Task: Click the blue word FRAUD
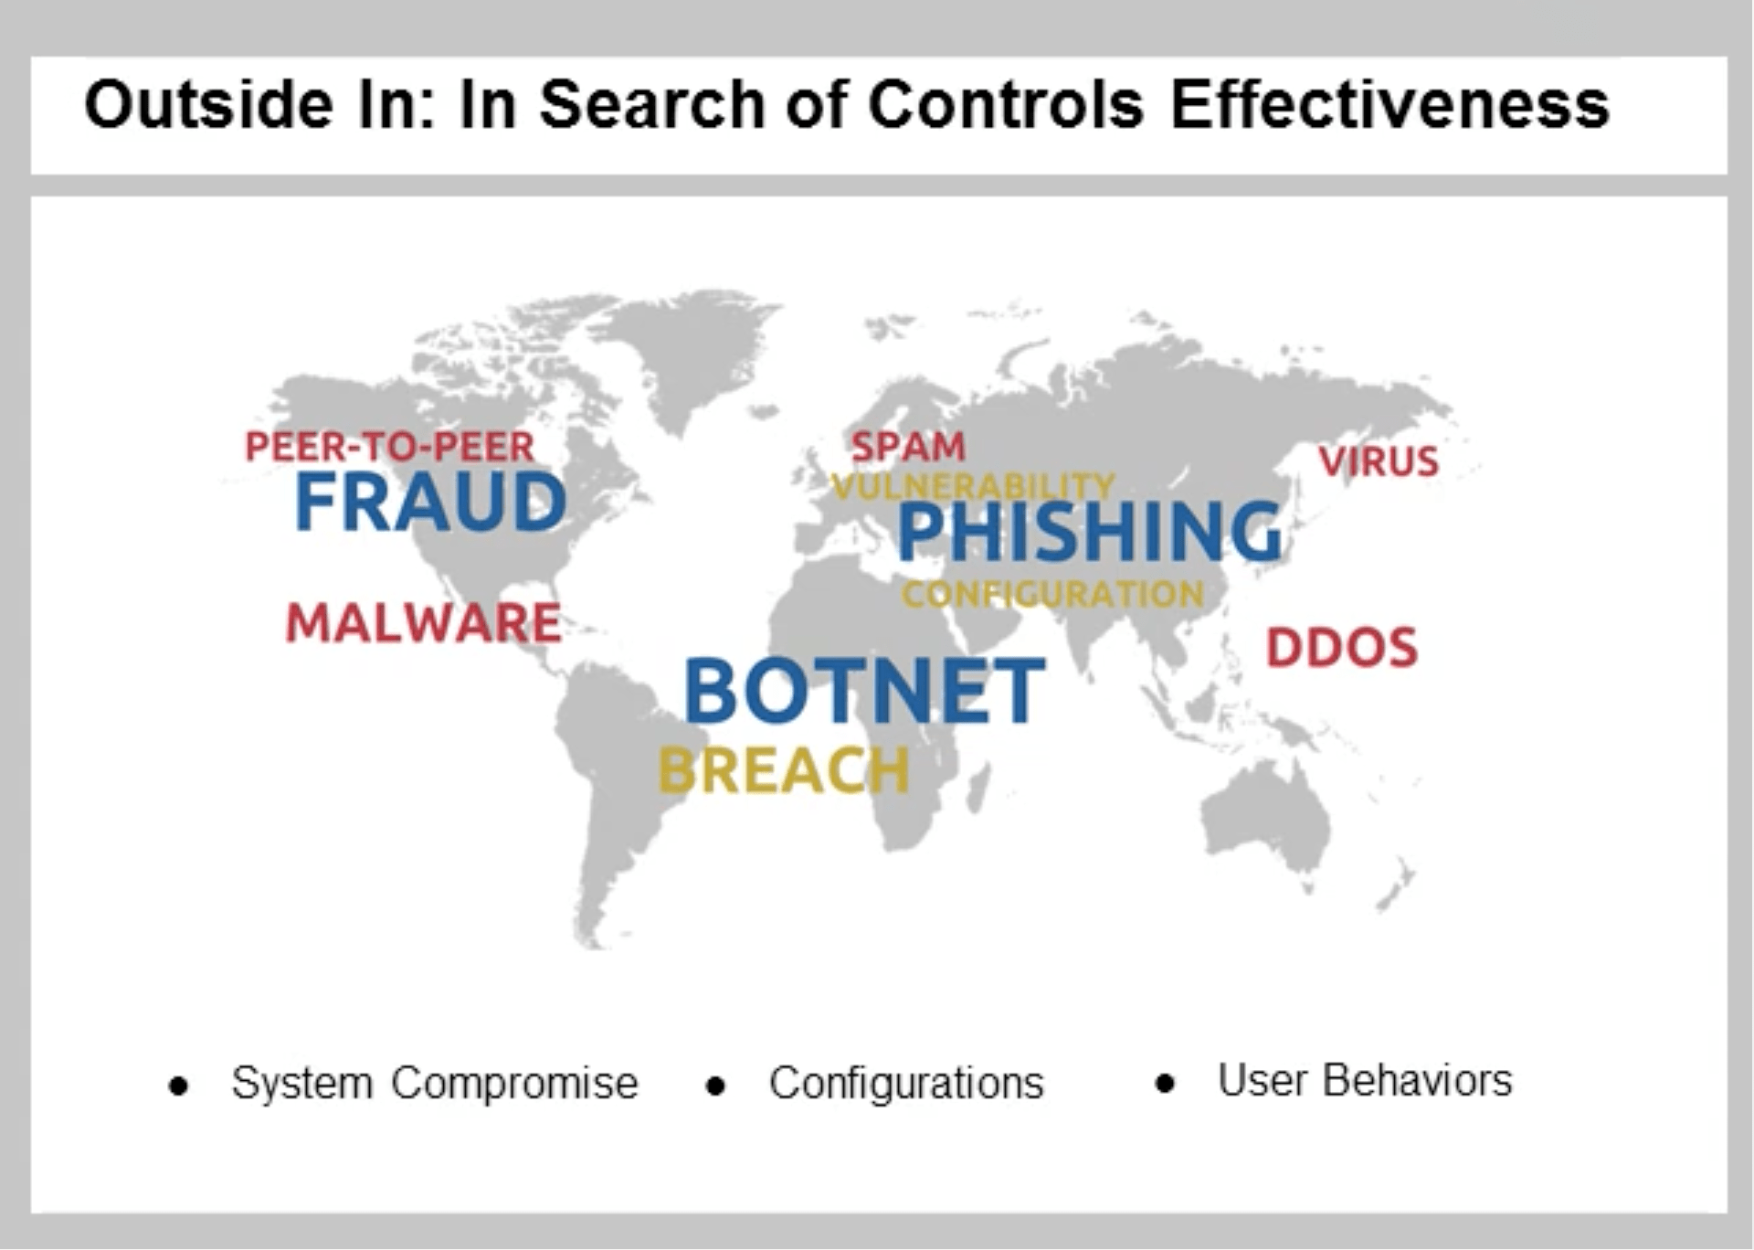coord(430,502)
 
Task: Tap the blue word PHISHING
coord(1090,532)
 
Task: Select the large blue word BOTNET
coord(864,691)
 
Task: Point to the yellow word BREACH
coord(784,770)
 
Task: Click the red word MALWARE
coord(423,623)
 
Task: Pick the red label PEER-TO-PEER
coord(390,447)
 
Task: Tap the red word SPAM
coord(907,447)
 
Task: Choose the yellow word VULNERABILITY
coord(973,486)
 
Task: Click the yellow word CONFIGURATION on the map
coord(1052,595)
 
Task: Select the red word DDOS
coord(1341,648)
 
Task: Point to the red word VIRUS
coord(1379,461)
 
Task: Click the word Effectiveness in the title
coord(1389,104)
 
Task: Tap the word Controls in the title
coord(1005,104)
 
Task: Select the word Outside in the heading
coord(209,104)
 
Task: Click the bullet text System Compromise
coord(434,1084)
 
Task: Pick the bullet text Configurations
coord(905,1084)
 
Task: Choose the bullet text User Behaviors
coord(1365,1080)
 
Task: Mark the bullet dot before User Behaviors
coord(1164,1085)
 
